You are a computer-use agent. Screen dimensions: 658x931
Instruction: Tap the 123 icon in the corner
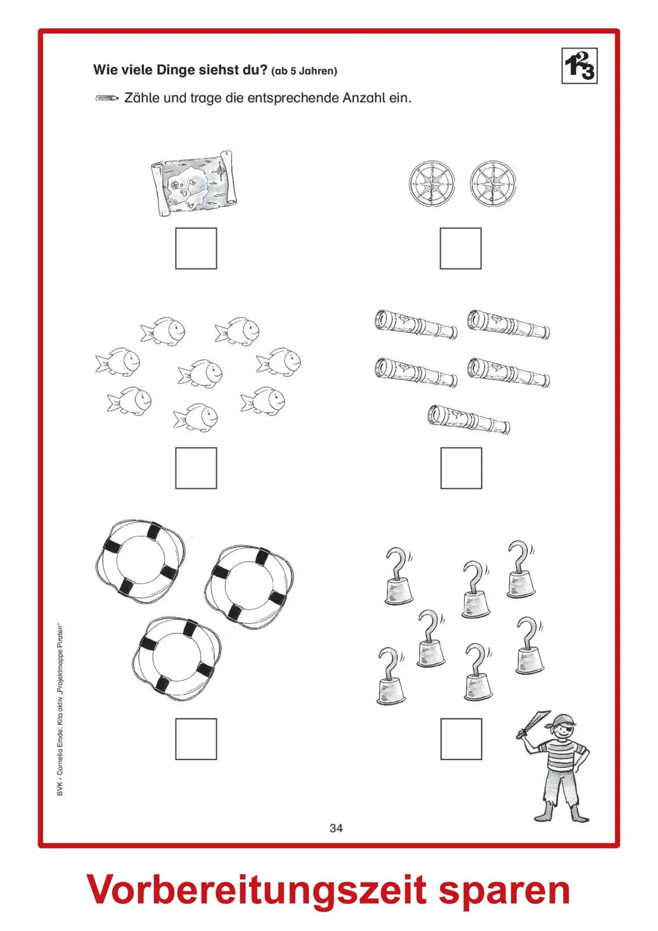(x=579, y=66)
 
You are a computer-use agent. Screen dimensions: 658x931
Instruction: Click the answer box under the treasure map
(x=196, y=248)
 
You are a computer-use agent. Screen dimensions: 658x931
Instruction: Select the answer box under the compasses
(x=461, y=248)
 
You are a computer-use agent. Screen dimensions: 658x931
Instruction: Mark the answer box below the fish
(x=196, y=468)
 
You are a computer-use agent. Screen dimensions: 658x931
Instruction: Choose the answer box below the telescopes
(x=461, y=468)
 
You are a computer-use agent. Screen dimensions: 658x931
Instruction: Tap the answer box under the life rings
(x=196, y=739)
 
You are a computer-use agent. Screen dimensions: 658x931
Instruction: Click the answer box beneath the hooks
(x=461, y=739)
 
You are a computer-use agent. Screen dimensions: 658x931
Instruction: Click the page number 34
(x=336, y=828)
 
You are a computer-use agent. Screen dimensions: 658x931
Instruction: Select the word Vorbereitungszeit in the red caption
(x=257, y=890)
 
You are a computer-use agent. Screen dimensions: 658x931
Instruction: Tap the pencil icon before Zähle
(x=107, y=98)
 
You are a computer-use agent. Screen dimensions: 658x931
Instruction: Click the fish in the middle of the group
(x=200, y=373)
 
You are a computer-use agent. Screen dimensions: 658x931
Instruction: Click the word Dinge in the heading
(x=175, y=70)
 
